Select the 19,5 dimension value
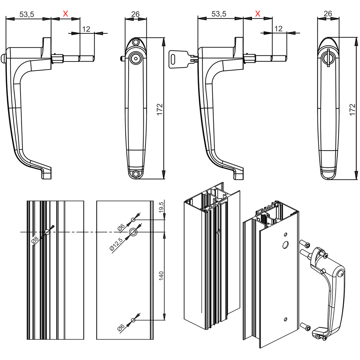[x=161, y=208]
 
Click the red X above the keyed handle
[x=257, y=14]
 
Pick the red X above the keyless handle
[x=66, y=14]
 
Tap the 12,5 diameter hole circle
[x=133, y=232]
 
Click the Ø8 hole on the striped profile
[x=47, y=232]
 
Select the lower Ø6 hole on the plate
[x=133, y=320]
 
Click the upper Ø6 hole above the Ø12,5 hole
[x=133, y=219]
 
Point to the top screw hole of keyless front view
[x=135, y=43]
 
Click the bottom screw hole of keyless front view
[x=135, y=174]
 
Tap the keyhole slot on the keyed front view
[x=328, y=58]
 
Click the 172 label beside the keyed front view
[x=352, y=108]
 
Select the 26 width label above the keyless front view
[x=135, y=14]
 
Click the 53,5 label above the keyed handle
[x=219, y=14]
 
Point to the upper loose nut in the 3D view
[x=306, y=245]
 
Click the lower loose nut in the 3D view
[x=306, y=327]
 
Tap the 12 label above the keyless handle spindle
[x=86, y=29]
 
